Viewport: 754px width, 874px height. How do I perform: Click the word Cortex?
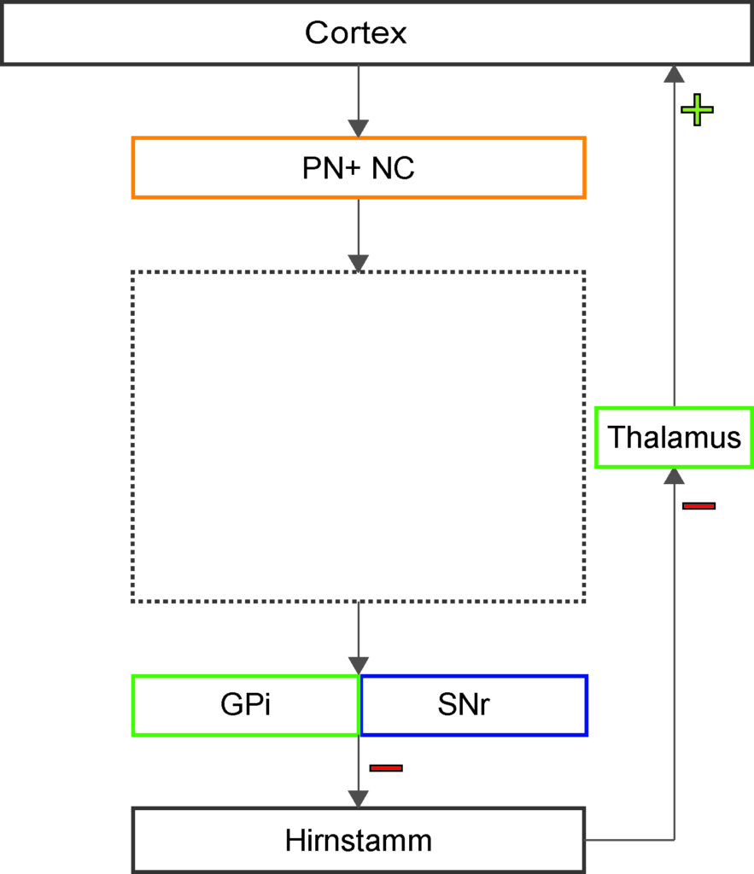pos(355,33)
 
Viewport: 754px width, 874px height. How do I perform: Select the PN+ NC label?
pos(358,168)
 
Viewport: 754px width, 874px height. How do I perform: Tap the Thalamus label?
pos(675,437)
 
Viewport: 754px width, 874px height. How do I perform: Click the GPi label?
pos(245,704)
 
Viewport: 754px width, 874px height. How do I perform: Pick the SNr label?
pos(464,704)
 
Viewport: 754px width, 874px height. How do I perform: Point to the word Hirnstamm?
pos(358,840)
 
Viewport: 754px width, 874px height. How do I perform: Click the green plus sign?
pos(697,110)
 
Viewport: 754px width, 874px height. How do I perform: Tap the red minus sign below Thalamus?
pos(698,505)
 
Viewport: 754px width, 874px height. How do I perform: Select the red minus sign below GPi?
pos(386,768)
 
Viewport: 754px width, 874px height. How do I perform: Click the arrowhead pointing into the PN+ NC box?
pos(358,128)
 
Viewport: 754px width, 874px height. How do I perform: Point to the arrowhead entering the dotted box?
pos(358,263)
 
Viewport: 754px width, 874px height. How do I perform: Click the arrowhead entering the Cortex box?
pos(675,74)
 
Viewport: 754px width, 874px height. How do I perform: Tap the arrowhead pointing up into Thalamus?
pos(675,476)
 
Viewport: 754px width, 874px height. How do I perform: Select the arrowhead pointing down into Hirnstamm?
pos(358,799)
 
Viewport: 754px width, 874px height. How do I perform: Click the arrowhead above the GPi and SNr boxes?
pos(358,666)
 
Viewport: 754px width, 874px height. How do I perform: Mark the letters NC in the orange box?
pos(393,168)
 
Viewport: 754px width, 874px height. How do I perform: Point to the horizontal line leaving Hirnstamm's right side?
pos(629,840)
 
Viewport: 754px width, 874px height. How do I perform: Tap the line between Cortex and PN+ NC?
pos(358,92)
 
